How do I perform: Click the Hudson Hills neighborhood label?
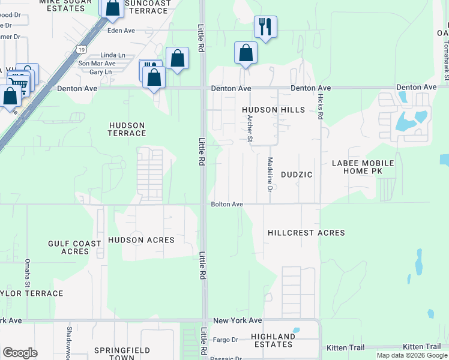coord(273,110)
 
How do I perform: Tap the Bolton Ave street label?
coord(226,205)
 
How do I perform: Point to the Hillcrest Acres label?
coord(306,233)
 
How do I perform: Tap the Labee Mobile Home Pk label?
coord(363,167)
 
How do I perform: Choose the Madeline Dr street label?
coord(270,175)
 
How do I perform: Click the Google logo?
coord(20,353)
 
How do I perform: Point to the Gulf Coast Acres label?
coord(75,247)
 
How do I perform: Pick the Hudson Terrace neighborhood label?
coord(127,129)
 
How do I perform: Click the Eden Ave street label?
coord(121,30)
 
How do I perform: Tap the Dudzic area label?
coord(297,175)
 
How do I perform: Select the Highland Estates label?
coord(273,341)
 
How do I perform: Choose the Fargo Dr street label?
coord(226,340)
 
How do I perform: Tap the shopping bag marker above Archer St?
coord(246,53)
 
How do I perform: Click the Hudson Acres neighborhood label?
coord(141,240)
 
